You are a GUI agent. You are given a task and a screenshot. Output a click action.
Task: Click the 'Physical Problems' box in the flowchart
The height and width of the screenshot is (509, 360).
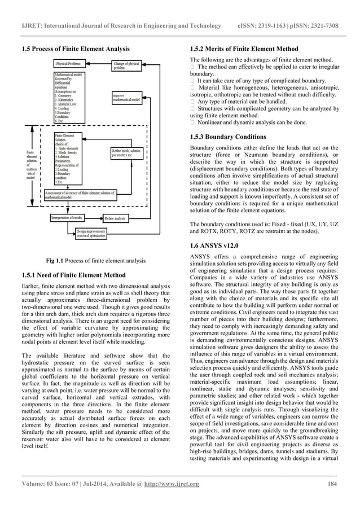pos(69,64)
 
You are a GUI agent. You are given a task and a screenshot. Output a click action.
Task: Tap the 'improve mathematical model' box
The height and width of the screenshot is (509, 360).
pos(129,99)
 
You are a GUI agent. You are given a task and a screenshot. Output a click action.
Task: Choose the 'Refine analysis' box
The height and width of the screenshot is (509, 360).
pos(115,218)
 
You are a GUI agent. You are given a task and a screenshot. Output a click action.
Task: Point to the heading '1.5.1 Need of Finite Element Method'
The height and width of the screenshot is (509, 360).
pos(73,275)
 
